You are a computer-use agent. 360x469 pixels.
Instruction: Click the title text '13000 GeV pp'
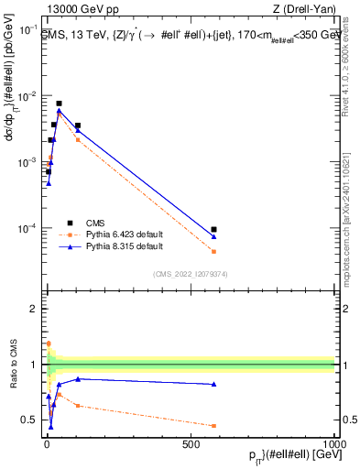[72, 10]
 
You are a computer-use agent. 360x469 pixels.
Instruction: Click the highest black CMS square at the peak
[59, 104]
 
